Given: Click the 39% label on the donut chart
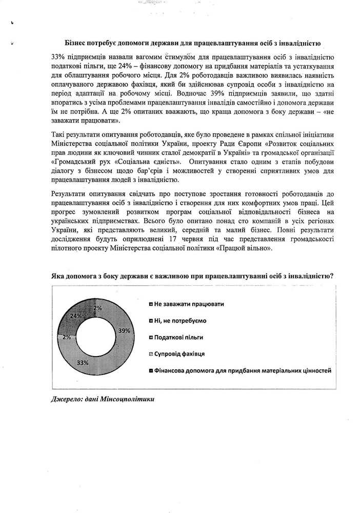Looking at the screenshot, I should point(123,331).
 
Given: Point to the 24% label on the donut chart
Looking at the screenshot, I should point(75,316).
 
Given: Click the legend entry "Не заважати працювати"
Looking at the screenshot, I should point(190,304).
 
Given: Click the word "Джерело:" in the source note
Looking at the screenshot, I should point(68,399).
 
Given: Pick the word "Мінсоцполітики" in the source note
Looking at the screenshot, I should point(127,399).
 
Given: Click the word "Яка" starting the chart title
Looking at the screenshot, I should point(58,276).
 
